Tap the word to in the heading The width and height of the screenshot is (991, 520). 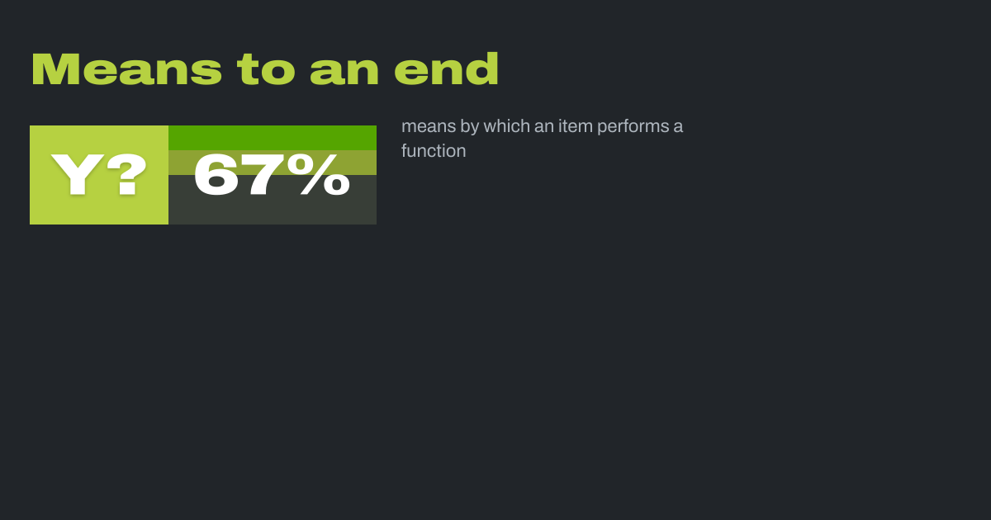[266, 69]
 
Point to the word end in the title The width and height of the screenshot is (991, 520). [447, 69]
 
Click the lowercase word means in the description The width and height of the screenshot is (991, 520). [429, 126]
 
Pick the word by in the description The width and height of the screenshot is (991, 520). [470, 127]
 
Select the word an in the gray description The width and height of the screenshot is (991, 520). [544, 127]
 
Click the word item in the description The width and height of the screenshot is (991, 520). [576, 126]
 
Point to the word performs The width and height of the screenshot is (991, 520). [633, 127]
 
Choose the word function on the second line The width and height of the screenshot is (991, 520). [434, 151]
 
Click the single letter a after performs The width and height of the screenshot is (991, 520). [678, 127]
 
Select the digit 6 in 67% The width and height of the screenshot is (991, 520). [215, 174]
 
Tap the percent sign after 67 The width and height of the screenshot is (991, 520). [319, 174]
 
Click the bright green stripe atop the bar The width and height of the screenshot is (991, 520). [273, 138]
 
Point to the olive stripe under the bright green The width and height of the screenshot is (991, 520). [273, 163]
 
